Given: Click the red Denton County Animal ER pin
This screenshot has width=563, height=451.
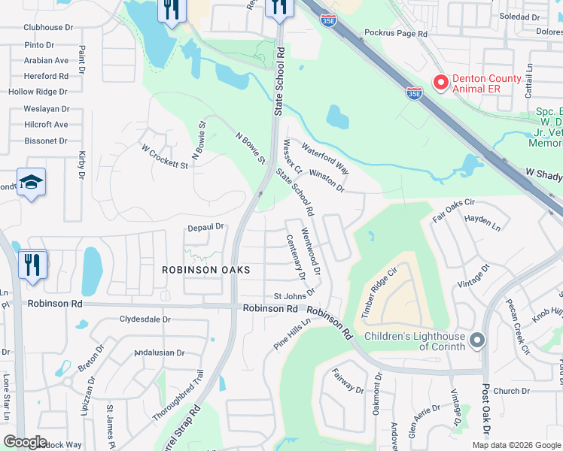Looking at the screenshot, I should [440, 81].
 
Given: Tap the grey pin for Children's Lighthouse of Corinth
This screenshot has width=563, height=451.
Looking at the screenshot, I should [476, 341].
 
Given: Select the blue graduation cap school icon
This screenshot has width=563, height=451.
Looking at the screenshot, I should [32, 183].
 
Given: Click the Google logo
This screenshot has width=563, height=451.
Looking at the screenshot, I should [26, 442].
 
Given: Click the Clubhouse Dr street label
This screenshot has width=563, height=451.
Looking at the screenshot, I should [48, 27].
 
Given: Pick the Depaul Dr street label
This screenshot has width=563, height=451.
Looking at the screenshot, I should [206, 226].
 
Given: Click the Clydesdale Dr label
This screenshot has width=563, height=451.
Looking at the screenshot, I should [146, 319].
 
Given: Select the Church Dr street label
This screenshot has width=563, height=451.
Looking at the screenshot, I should [512, 391].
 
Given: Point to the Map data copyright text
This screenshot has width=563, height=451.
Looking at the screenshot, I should [516, 445].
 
